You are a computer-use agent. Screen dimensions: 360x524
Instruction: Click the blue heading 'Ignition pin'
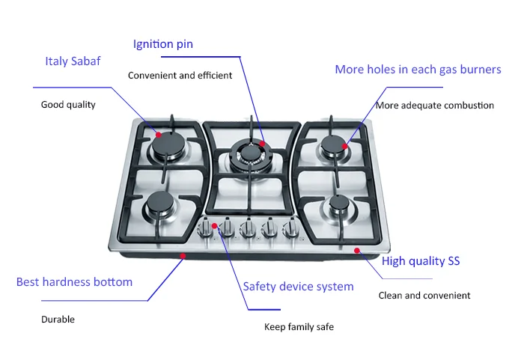162,44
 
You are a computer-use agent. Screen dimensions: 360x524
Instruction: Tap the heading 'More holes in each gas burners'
418,70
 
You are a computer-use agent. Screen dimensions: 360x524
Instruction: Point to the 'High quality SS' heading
421,261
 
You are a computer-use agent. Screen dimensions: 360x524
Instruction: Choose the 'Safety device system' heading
298,286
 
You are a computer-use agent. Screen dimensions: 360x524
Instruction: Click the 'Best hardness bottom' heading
74,282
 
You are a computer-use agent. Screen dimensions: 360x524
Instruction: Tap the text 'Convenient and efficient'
180,76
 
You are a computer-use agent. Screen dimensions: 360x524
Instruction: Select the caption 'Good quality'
68,105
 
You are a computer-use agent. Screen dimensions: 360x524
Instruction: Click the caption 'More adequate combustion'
435,106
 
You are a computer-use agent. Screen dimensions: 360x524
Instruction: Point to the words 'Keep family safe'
299,327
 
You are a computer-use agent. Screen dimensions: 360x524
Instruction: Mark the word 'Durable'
58,320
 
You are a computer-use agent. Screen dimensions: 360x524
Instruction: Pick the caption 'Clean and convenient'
424,296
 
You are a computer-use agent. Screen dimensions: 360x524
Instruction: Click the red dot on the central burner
263,142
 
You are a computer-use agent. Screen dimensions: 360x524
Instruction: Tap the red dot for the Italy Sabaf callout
159,135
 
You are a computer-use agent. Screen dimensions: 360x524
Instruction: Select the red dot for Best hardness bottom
183,256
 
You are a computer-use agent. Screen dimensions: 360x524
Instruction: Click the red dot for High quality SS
357,251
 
